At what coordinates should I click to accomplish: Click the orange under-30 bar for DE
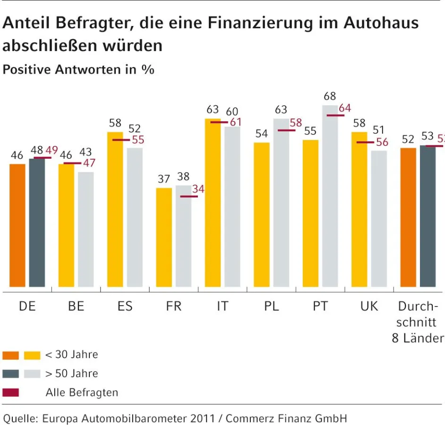pyautogui.click(x=17, y=225)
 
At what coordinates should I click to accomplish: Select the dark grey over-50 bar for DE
pyautogui.click(x=37, y=222)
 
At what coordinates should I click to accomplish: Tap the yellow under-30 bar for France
pyautogui.click(x=164, y=237)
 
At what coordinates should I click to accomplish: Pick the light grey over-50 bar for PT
pyautogui.click(x=330, y=196)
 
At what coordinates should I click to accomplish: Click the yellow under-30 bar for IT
pyautogui.click(x=213, y=203)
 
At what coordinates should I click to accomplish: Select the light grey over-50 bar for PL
pyautogui.click(x=282, y=203)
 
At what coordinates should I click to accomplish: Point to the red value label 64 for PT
pyautogui.click(x=345, y=108)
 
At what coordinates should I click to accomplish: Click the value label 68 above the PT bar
pyautogui.click(x=330, y=96)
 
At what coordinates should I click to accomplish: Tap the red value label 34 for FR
pyautogui.click(x=198, y=189)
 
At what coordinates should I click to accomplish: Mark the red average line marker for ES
pyautogui.click(x=121, y=140)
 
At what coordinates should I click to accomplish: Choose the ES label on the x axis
pyautogui.click(x=125, y=306)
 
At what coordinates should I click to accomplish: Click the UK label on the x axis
pyautogui.click(x=369, y=306)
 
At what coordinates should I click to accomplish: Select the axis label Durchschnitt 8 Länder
pyautogui.click(x=418, y=322)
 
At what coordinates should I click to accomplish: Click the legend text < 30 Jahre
pyautogui.click(x=71, y=355)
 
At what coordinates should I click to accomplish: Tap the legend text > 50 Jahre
pyautogui.click(x=71, y=374)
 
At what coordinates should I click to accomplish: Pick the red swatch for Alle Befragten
pyautogui.click(x=10, y=392)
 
